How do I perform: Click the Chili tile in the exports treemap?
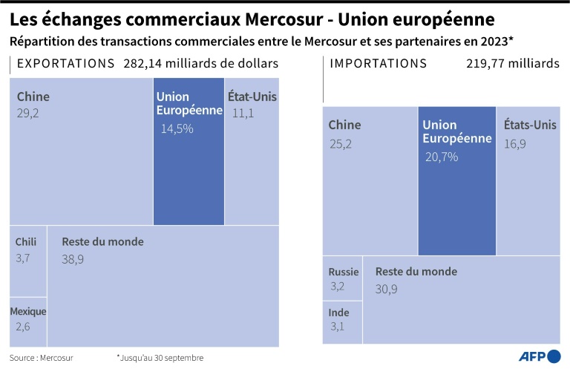pos(28,261)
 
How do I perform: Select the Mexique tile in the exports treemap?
pos(28,321)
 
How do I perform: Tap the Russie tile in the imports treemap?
pos(343,278)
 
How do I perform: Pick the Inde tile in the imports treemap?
pos(343,321)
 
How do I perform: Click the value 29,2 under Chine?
pos(28,113)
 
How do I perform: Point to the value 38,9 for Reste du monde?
pos(73,259)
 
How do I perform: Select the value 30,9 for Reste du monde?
pos(386,289)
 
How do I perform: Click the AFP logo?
pos(539,356)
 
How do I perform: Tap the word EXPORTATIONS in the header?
pos(65,64)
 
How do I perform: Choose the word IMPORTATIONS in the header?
pos(378,64)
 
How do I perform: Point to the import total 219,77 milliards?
pos(513,64)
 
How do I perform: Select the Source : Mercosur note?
pos(36,357)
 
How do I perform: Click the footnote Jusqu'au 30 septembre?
pos(160,357)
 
